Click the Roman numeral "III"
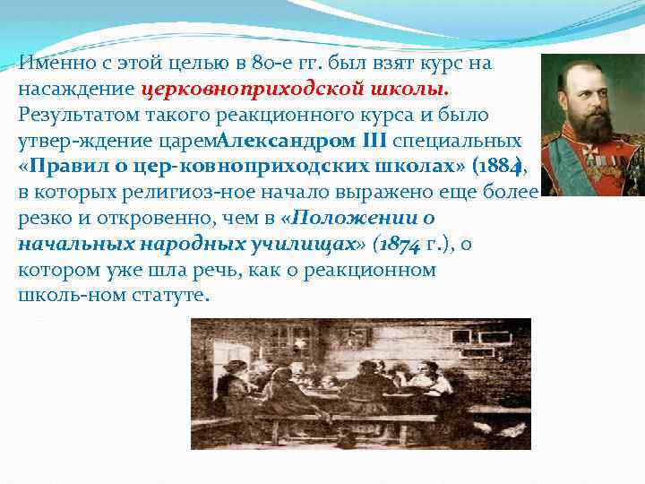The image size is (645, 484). tap(374, 141)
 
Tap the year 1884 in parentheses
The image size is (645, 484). tap(502, 167)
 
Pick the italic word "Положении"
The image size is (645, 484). tap(344, 218)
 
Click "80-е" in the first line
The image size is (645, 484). tap(295, 65)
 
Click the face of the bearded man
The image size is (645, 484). tap(584, 94)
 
